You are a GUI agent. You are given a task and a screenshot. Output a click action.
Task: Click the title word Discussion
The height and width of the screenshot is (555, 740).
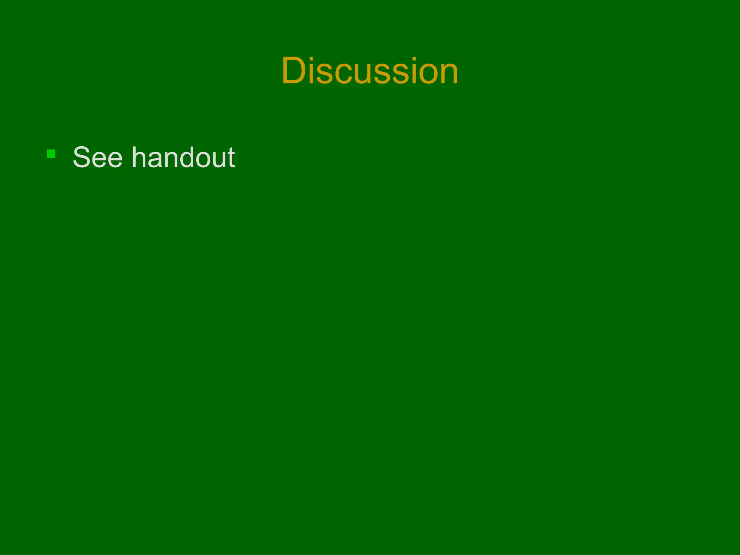(x=370, y=71)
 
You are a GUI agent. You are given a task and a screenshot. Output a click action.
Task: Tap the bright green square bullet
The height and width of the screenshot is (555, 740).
(x=51, y=154)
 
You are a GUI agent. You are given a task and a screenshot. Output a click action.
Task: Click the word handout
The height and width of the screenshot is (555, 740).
(x=184, y=158)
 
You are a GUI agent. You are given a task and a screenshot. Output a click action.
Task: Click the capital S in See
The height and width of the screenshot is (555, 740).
(x=82, y=158)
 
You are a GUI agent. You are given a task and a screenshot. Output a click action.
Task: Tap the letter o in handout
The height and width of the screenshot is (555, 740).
(x=205, y=161)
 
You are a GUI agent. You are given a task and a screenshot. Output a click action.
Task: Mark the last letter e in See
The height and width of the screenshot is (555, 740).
(x=114, y=161)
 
